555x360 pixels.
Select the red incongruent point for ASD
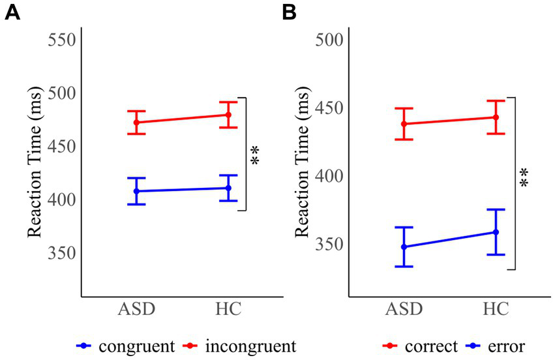coord(136,123)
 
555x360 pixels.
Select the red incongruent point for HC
coord(228,115)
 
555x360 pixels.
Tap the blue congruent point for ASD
coord(136,191)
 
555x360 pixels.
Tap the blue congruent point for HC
coord(228,188)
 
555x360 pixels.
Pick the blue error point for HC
coord(496,232)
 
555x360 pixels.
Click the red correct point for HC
coord(496,117)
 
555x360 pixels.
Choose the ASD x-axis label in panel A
coord(136,309)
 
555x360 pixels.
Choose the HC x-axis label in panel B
coord(496,309)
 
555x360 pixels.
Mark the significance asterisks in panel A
coord(255,155)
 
